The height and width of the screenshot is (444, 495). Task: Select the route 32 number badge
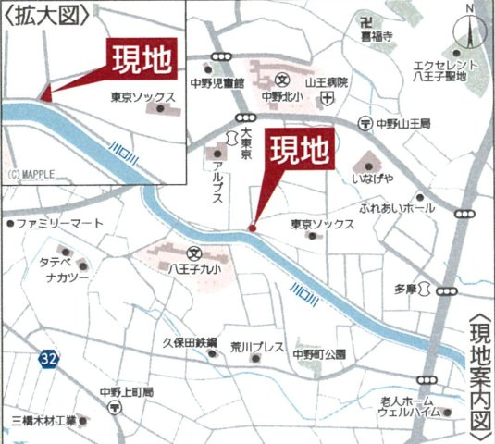(48, 357)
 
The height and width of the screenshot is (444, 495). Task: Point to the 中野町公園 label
(319, 353)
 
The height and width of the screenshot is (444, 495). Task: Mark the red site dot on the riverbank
(252, 228)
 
